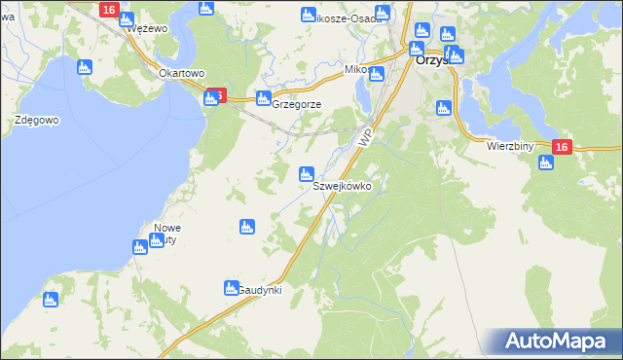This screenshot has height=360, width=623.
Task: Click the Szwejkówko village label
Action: pos(341,186)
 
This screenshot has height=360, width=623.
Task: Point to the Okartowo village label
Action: pos(181,73)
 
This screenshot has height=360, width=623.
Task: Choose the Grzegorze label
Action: pos(296,104)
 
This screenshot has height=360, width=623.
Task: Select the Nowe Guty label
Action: pos(167,234)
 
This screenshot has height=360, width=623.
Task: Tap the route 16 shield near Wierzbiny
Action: pos(561,146)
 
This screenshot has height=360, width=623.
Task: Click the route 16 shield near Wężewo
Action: pos(108,10)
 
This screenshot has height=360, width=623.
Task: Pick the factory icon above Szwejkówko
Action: pos(306,174)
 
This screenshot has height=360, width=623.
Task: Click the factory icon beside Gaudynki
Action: pos(232,288)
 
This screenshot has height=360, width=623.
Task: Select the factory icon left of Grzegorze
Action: pos(263,98)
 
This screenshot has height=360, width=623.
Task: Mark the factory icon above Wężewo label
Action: pos(125,17)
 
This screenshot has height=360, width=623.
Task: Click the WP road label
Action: pos(366,139)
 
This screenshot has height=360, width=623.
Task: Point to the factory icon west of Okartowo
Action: pos(84,67)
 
